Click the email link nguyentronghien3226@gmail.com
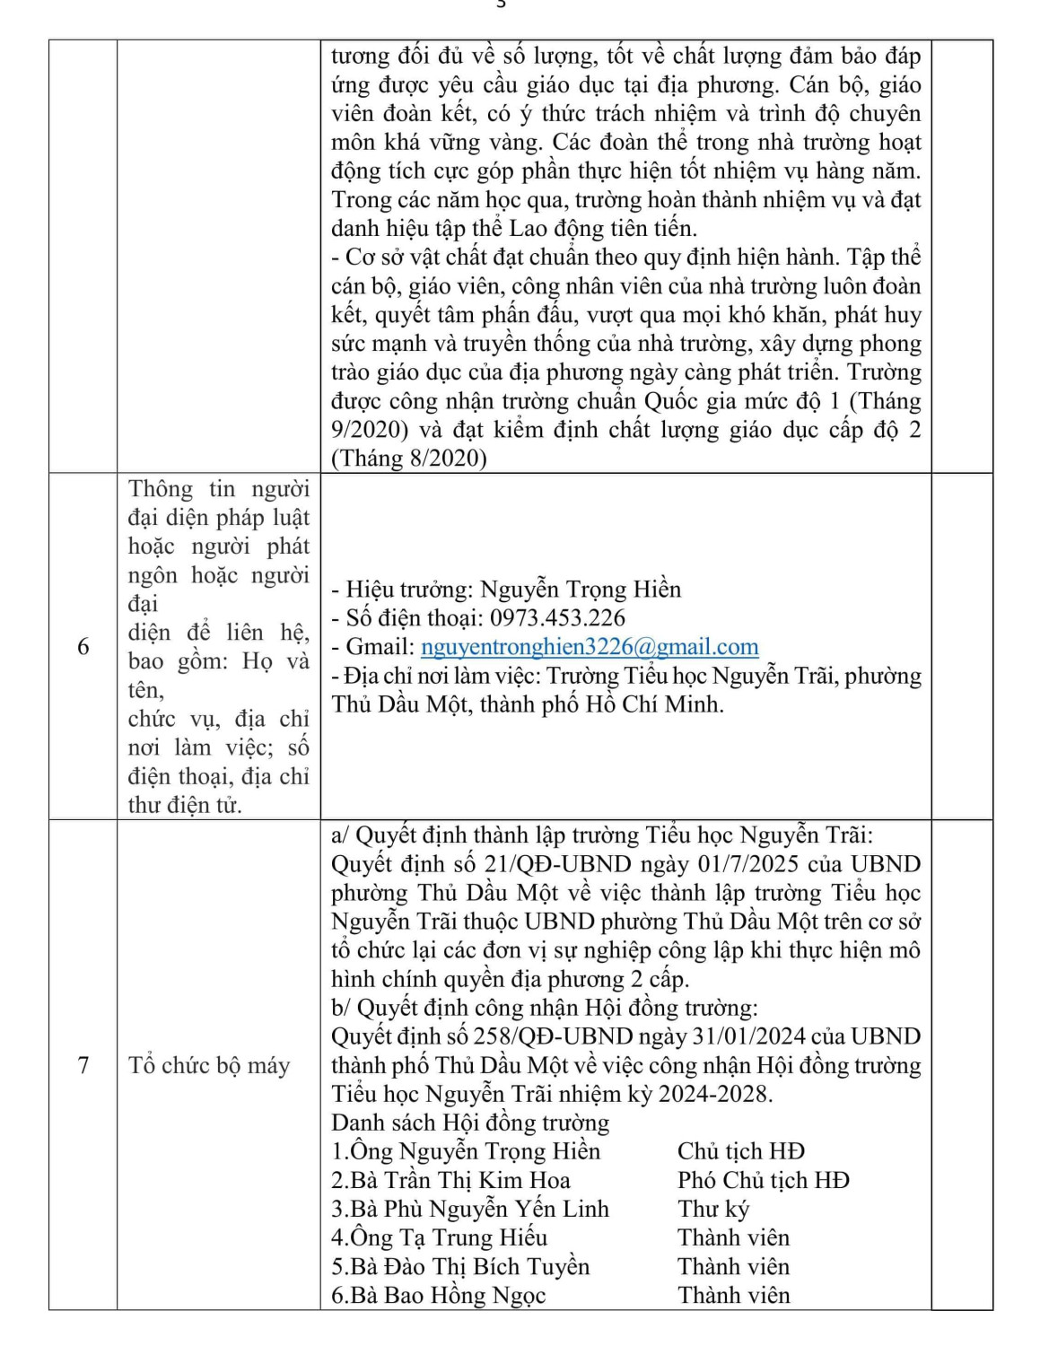(590, 647)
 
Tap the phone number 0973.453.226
(557, 618)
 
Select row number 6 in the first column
(83, 647)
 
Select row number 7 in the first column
(83, 1065)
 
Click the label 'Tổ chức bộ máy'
(209, 1065)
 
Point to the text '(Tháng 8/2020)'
(409, 459)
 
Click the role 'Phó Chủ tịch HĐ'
(764, 1180)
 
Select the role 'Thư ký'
(713, 1209)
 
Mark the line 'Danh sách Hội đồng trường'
(470, 1123)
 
